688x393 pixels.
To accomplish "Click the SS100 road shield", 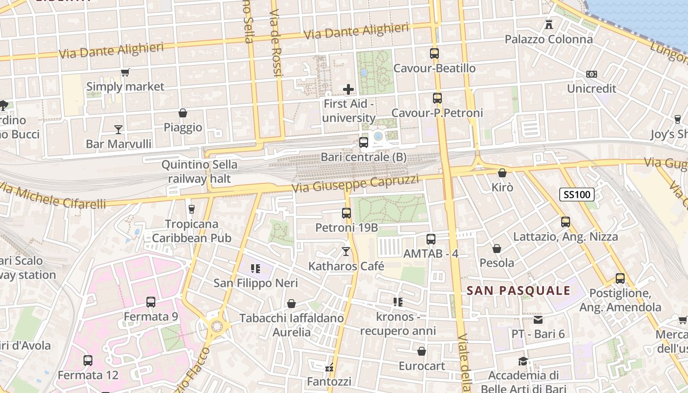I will (577, 195).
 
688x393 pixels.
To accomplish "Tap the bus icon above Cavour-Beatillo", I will (434, 54).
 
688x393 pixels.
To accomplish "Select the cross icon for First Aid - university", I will (348, 89).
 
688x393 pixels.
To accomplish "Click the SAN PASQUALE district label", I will (518, 290).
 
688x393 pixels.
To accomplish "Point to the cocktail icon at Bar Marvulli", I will (118, 130).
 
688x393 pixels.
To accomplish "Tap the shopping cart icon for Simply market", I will (125, 72).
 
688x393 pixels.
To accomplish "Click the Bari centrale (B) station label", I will (364, 157).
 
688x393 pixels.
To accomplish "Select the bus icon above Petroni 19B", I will (346, 213).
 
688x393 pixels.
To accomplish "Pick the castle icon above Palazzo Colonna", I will (549, 24).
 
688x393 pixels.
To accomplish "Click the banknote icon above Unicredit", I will (592, 74).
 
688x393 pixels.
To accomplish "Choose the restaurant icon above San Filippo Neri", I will (255, 268).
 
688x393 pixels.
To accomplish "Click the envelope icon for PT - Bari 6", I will (538, 320).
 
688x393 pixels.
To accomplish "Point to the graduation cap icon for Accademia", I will (523, 361).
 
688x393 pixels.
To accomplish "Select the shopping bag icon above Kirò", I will (502, 173).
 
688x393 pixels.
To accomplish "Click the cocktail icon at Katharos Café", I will (346, 252).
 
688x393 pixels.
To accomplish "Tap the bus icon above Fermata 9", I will (151, 302).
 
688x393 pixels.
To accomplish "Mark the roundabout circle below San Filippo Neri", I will (216, 326).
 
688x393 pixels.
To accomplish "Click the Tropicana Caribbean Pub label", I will (192, 231).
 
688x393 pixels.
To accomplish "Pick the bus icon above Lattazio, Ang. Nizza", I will (566, 222).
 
